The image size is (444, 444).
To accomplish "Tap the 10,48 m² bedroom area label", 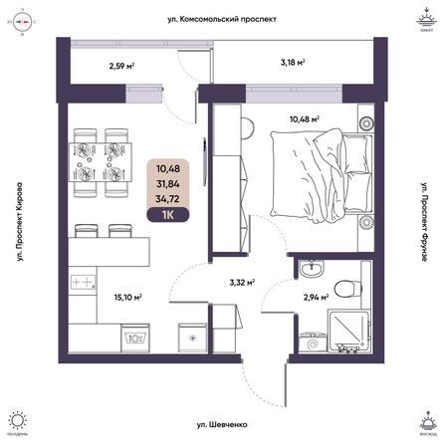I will click(x=304, y=118).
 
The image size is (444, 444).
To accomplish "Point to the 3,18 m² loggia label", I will click(x=291, y=61).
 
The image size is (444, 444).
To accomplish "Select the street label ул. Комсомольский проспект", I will click(x=221, y=18).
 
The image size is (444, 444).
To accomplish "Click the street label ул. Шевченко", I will click(x=222, y=425).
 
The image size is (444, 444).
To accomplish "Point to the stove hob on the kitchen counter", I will click(x=85, y=282).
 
